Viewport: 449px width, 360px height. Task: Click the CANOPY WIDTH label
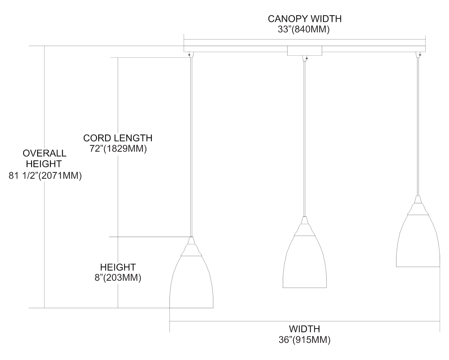click(x=304, y=19)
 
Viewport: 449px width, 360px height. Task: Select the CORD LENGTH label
click(x=118, y=138)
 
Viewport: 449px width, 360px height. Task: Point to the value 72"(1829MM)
click(x=118, y=149)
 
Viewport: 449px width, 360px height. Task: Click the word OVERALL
click(x=44, y=153)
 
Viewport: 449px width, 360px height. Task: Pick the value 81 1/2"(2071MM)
click(x=45, y=176)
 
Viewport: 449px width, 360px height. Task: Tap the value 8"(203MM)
click(x=118, y=278)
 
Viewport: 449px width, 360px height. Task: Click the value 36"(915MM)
click(x=304, y=340)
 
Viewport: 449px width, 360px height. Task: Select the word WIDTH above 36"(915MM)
click(x=304, y=329)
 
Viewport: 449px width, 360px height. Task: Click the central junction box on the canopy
click(x=305, y=51)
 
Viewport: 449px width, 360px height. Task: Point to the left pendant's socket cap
click(x=191, y=247)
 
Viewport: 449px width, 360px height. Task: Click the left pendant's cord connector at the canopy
click(x=191, y=54)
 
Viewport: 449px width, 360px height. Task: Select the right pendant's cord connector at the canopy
click(x=418, y=54)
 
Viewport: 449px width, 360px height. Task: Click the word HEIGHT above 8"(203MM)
click(x=118, y=267)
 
